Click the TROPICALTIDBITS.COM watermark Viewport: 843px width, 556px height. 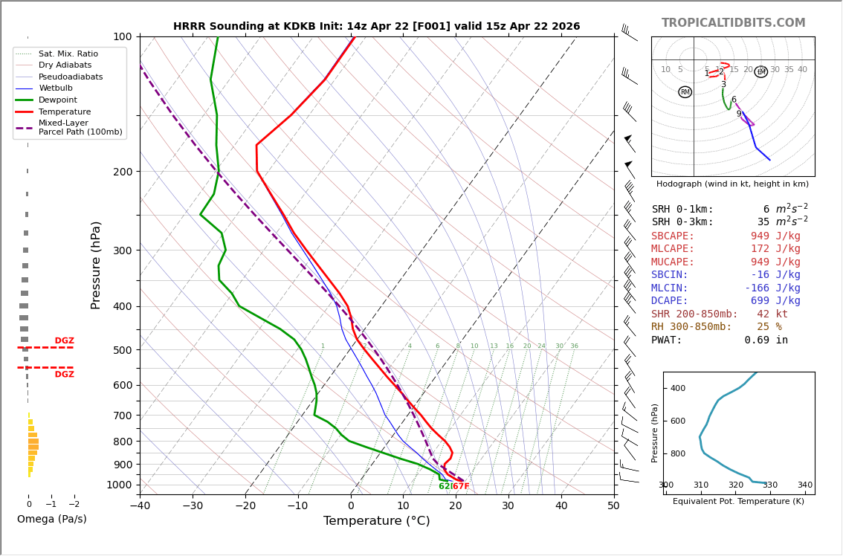coord(733,23)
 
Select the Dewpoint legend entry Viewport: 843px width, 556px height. coord(57,100)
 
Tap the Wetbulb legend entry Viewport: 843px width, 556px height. coord(56,88)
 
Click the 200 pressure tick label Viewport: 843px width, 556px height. coord(122,172)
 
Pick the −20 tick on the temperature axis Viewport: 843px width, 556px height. coord(245,506)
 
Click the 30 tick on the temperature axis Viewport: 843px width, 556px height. coord(508,506)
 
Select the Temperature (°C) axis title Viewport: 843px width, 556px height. coord(376,521)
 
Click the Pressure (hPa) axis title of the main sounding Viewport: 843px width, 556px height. coord(96,265)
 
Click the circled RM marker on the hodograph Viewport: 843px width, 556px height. coord(685,92)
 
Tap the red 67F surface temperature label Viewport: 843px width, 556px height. coord(461,487)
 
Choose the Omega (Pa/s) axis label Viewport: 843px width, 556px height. coord(51,520)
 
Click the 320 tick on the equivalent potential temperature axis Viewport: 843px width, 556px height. coord(735,485)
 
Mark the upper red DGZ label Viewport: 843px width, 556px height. coord(65,341)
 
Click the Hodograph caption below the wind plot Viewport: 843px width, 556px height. coord(732,184)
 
